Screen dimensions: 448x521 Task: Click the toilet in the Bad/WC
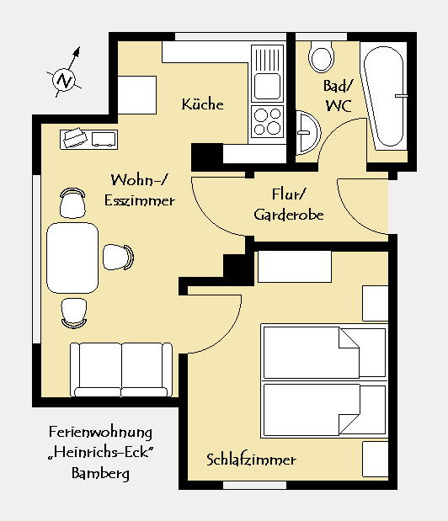click(x=321, y=56)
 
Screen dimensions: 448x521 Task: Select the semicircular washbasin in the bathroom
click(x=308, y=133)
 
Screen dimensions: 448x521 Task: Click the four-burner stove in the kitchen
click(x=267, y=122)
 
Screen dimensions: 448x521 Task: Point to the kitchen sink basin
click(x=267, y=86)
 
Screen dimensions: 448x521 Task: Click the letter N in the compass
click(x=64, y=81)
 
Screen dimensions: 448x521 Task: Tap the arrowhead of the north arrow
click(x=77, y=52)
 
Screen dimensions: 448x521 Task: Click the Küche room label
click(x=202, y=104)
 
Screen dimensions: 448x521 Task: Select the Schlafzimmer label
click(x=251, y=460)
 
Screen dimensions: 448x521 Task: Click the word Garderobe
click(x=289, y=215)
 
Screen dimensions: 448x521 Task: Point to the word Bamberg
click(x=100, y=473)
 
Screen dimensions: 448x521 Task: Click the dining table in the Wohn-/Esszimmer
click(x=72, y=258)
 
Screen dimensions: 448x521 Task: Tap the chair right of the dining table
click(x=118, y=258)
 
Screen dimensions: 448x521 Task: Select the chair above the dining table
click(x=72, y=203)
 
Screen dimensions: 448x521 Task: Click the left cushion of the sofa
click(x=97, y=369)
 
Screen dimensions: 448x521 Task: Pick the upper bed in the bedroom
click(x=324, y=353)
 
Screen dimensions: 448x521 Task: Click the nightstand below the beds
click(x=376, y=460)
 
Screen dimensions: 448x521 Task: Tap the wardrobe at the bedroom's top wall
click(x=295, y=267)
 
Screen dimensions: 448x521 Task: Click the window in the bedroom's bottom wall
click(x=254, y=486)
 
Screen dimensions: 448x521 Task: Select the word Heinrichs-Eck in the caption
click(x=101, y=452)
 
